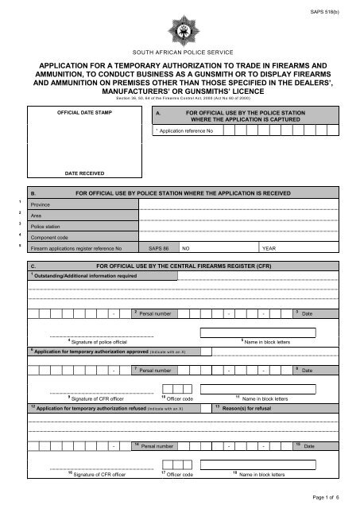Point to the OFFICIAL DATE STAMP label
click(85, 114)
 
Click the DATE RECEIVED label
click(85, 171)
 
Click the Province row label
click(40, 204)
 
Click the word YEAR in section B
click(269, 248)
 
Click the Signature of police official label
click(103, 341)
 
